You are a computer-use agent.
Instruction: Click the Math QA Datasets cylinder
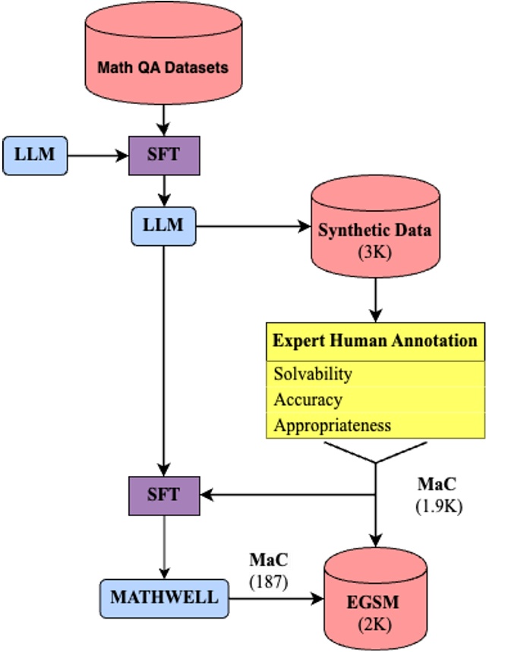tap(162, 66)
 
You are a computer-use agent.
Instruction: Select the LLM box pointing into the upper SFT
tap(34, 156)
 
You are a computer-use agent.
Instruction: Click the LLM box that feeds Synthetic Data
tap(163, 225)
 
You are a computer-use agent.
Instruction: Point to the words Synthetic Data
tap(374, 230)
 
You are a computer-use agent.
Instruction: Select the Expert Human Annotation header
tap(375, 340)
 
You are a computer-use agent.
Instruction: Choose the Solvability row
tap(313, 373)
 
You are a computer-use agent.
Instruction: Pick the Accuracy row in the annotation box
tap(308, 399)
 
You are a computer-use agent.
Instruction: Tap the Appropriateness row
tap(333, 425)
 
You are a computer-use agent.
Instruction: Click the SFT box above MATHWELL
tap(163, 495)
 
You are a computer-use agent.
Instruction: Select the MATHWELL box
tap(164, 597)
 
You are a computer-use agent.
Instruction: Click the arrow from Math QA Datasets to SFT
tap(163, 121)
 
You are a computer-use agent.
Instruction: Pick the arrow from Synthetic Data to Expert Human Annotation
tap(375, 299)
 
